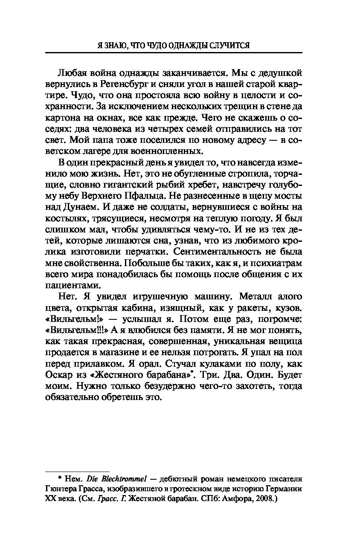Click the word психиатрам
tap(277, 262)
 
